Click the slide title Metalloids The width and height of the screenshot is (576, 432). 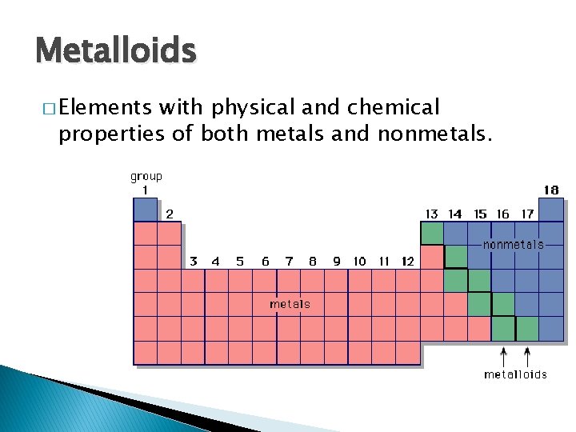(115, 52)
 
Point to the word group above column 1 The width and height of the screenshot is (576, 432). (146, 176)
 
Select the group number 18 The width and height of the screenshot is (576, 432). (551, 190)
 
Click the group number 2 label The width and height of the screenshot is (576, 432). (170, 214)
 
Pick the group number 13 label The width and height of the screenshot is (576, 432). (431, 214)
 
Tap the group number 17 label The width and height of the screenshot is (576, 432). (527, 214)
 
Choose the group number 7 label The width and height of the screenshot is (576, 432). (289, 261)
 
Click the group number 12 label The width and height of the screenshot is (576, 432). (408, 261)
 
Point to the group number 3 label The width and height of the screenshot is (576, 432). (194, 261)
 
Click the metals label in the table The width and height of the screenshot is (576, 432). (290, 304)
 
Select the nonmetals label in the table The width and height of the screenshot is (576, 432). (513, 245)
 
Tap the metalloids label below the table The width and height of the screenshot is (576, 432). (515, 374)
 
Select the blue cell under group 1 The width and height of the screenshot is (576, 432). (146, 210)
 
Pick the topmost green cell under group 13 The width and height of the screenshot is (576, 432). (432, 233)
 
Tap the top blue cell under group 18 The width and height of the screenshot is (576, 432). (551, 210)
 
